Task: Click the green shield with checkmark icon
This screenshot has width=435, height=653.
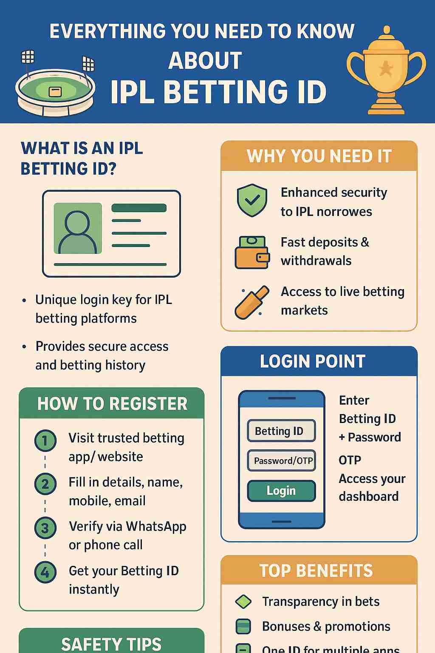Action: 252,200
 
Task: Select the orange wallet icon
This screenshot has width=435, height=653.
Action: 252,253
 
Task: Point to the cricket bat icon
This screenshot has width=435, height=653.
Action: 252,302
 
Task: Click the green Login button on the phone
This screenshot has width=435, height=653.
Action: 281,491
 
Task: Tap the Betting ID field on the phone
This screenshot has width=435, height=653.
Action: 281,431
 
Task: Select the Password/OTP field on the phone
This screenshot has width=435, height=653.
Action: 281,461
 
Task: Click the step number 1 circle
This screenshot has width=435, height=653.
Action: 45,440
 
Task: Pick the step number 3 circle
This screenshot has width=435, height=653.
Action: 45,528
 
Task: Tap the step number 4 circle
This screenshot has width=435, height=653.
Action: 45,572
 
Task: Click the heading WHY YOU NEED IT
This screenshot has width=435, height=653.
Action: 319,156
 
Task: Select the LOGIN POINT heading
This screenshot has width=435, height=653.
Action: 313,361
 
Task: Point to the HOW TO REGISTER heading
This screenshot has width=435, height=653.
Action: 112,403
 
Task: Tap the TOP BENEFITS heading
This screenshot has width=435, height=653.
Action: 316,571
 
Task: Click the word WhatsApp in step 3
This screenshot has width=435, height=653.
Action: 157,526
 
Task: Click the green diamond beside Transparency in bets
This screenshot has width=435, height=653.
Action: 243,602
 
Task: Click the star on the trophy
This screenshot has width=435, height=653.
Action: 386,68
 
